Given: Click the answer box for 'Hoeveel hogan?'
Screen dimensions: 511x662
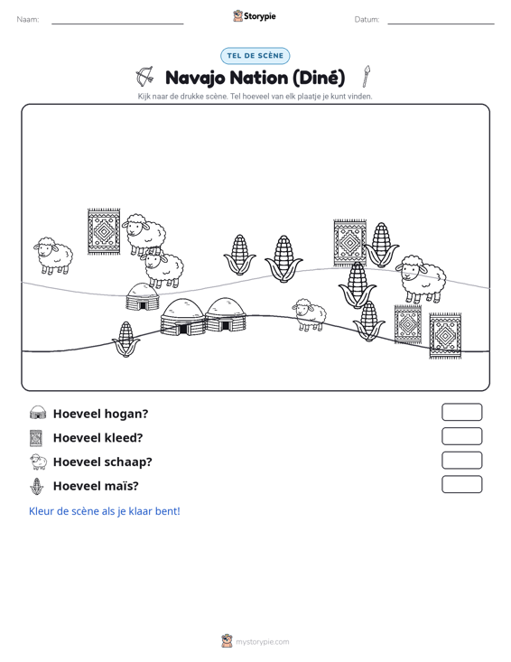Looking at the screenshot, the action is pos(461,412).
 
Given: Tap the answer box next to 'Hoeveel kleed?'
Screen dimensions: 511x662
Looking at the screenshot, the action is pos(461,436).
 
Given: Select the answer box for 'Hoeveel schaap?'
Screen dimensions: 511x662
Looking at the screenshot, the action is pos(461,461).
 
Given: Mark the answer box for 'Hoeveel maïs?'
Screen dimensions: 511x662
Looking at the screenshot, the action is pos(461,484).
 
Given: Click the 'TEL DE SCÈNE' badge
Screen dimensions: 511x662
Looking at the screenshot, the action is pos(255,56).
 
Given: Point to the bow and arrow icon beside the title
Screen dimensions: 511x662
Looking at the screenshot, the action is pos(144,77).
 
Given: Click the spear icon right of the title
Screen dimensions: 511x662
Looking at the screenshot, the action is pos(367,76).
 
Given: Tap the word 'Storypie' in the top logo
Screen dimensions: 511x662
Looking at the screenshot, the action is pos(259,16).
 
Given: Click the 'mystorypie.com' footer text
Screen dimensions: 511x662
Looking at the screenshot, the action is pos(262,642).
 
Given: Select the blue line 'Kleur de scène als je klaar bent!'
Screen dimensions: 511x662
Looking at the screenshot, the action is pos(104,511).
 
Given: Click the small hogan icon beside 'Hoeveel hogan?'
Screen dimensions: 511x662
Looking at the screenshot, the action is pos(38,413).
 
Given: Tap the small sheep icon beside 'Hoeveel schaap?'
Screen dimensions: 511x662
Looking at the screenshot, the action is pos(38,462).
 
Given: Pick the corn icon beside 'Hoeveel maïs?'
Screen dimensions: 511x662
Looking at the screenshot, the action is pos(37,486).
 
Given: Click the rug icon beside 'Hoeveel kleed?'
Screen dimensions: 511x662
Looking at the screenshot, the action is pos(36,438).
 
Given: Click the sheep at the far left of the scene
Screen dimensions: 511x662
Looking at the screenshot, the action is pos(53,256).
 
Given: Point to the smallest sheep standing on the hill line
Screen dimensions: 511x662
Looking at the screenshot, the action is pos(310,315).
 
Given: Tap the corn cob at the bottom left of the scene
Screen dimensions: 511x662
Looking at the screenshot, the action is pos(125,340).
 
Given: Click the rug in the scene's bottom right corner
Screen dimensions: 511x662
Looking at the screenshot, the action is pos(445,336).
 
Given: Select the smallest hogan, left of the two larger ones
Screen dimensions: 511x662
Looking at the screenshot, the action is pos(143,297).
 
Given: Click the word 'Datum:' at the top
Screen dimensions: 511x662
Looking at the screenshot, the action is pos(367,20).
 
